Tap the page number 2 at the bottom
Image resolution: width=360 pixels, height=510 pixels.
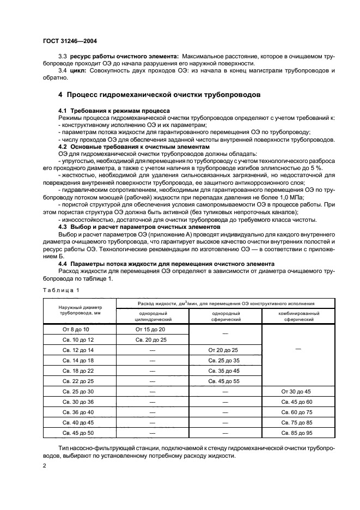coord(45,466)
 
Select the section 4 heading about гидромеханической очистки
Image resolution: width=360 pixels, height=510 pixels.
coord(159,95)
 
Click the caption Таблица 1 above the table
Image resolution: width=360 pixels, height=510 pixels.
coord(62,290)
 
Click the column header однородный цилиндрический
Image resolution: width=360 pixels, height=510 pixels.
coord(152,317)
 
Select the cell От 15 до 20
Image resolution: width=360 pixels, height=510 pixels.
coord(152,330)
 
